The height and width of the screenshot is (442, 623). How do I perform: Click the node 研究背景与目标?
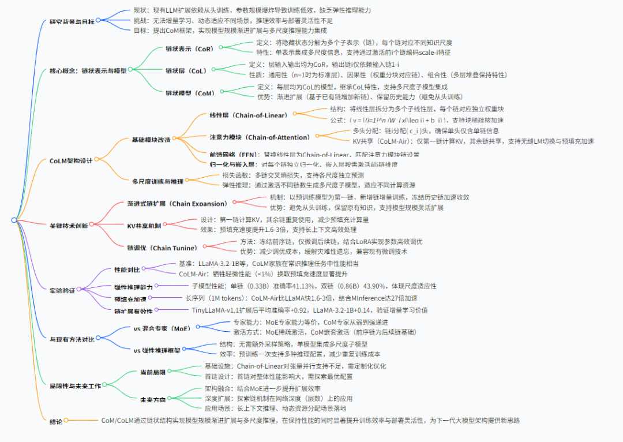72,21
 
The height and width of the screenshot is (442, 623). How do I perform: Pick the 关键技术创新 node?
69,226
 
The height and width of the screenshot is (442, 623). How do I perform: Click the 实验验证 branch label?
63,290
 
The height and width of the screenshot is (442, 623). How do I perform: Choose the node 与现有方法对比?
72,339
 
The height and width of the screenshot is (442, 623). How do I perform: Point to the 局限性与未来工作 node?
76,386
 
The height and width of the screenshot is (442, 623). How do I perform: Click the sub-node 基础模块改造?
151,139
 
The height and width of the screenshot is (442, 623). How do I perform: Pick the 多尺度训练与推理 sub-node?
157,181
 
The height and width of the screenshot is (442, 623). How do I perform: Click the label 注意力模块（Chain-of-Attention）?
260,137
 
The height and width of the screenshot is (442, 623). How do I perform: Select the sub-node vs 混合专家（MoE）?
162,328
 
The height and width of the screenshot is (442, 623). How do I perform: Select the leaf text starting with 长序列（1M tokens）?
300,298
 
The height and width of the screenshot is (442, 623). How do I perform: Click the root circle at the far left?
14,220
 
